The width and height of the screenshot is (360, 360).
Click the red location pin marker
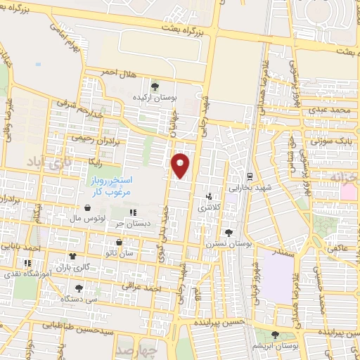181,165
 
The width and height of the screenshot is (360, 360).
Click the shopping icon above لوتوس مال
86,208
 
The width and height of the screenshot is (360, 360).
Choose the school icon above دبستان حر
132,213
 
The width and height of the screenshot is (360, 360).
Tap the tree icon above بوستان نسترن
227,233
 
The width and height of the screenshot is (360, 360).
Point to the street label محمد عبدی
332,110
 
